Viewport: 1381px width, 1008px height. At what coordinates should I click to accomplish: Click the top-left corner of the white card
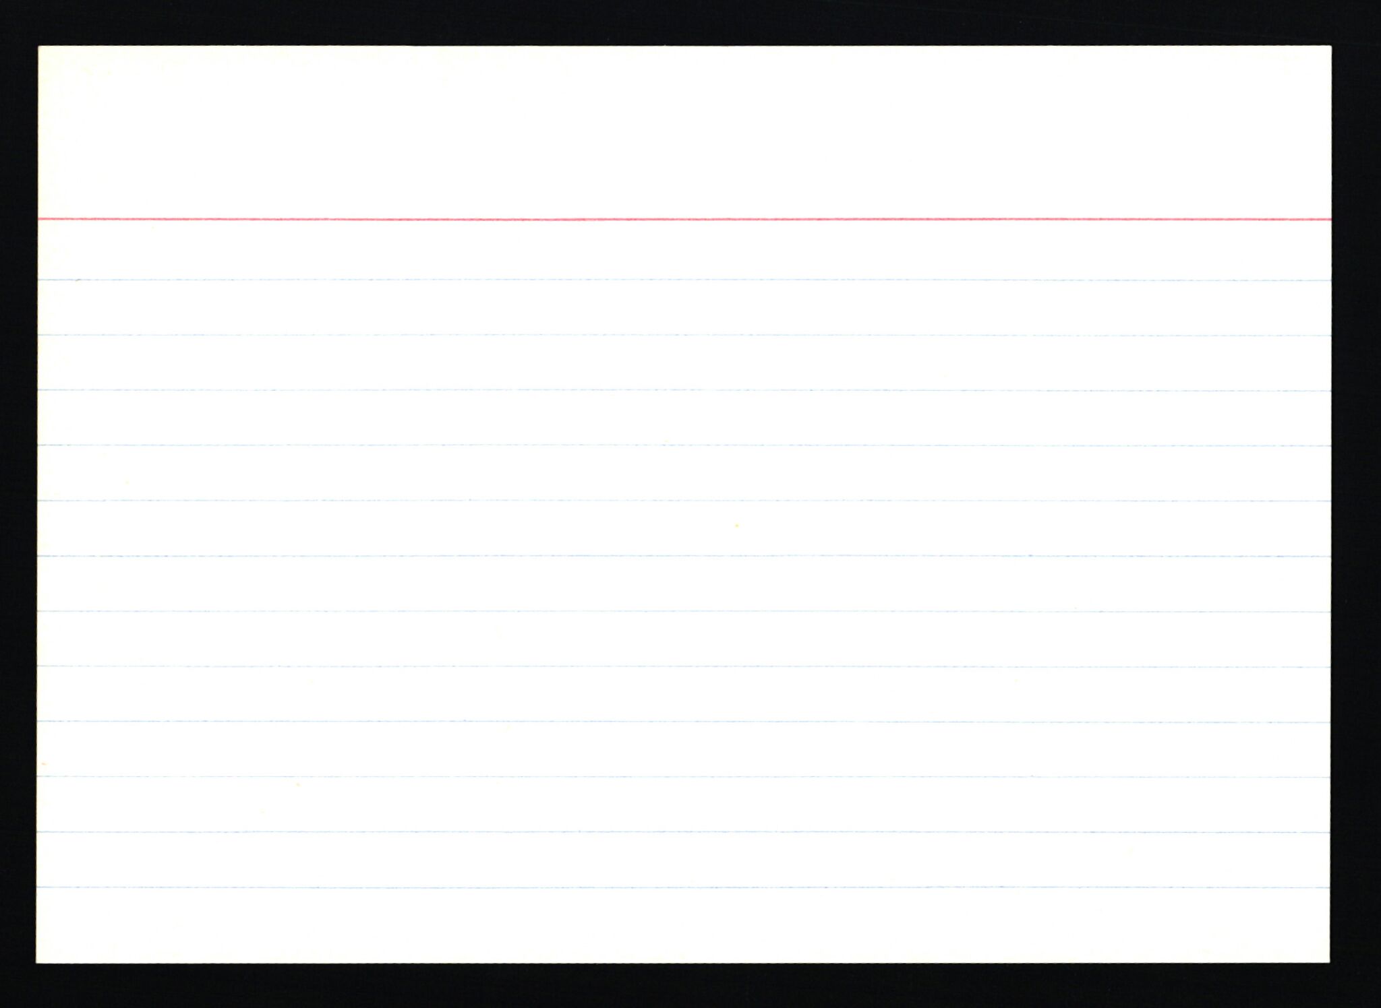40,47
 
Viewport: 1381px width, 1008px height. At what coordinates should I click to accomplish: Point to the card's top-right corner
1330,47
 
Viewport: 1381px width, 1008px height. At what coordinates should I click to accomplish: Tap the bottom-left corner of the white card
38,962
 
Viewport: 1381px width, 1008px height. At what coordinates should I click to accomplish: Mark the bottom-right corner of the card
1329,962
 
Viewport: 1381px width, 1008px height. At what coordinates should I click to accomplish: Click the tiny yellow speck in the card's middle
736,525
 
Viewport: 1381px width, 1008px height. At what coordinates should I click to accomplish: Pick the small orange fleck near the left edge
45,764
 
